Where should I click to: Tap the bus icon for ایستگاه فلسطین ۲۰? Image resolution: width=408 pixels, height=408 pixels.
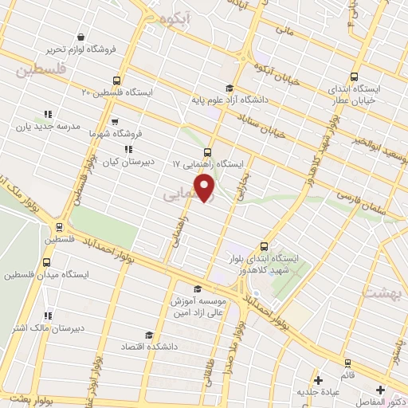118,80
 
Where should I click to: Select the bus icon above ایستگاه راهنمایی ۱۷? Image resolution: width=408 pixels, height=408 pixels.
208,151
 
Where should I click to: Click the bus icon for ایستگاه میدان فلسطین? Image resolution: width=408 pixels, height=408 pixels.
47,262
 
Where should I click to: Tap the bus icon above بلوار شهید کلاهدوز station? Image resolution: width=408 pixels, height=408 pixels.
264,246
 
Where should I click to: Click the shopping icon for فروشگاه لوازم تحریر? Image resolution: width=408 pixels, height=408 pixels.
80,37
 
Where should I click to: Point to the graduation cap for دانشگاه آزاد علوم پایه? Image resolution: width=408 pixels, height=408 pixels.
229,88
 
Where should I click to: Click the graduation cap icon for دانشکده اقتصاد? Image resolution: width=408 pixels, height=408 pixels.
147,335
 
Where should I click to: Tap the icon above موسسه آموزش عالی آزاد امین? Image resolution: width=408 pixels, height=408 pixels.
198,289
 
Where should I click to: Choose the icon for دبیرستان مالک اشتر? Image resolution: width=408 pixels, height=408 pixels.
48,316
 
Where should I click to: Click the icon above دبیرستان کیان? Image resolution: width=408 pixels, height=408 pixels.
127,148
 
